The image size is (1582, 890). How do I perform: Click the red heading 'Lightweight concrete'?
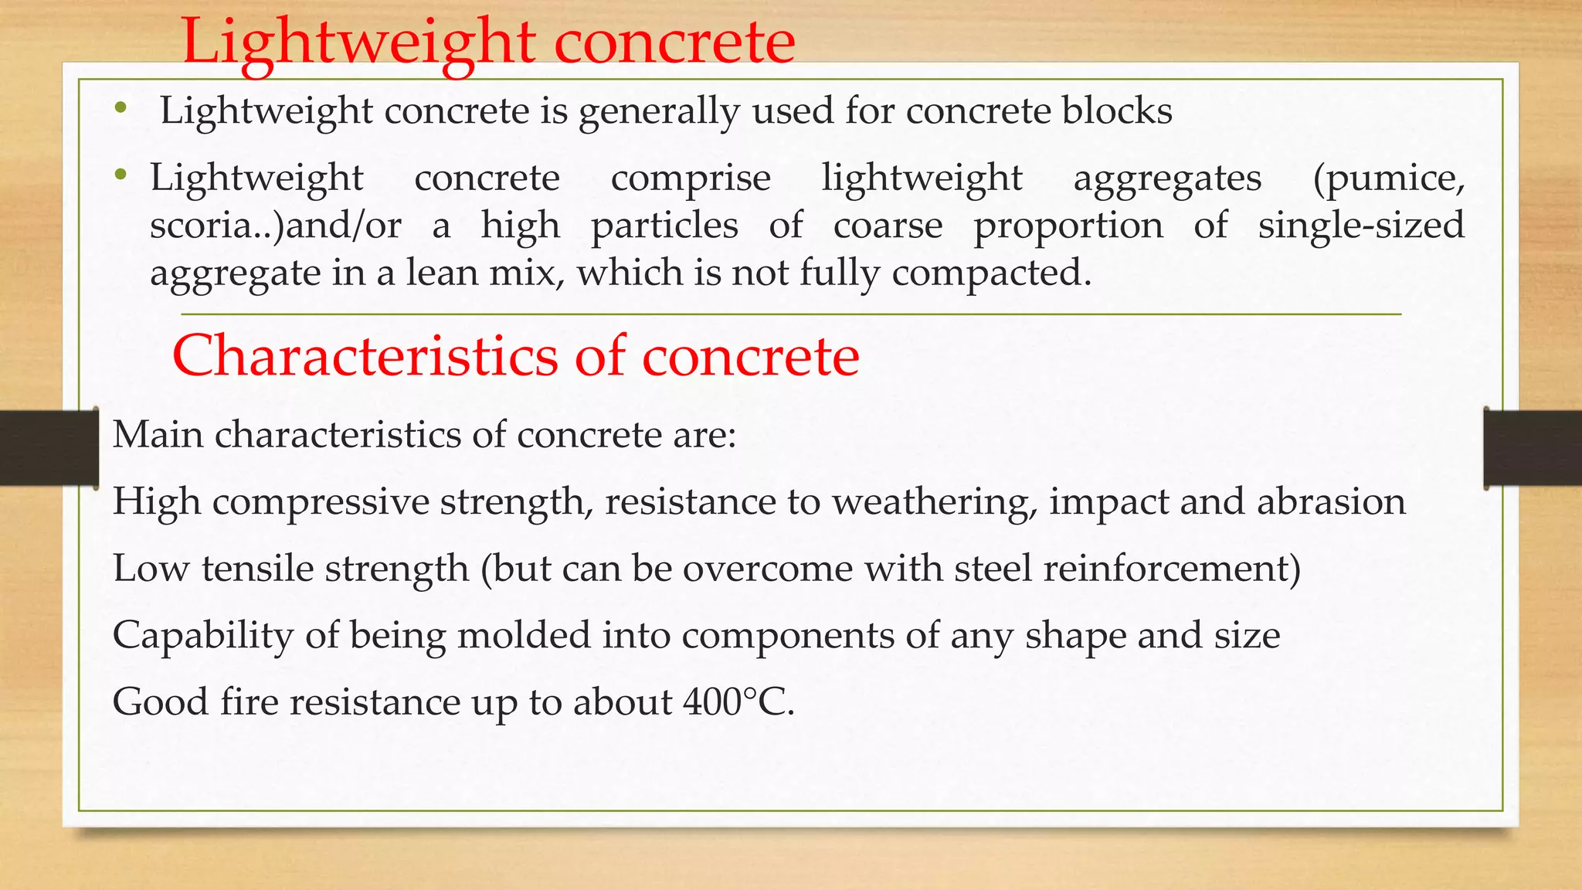487,42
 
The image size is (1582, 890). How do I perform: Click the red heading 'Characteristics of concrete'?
515,356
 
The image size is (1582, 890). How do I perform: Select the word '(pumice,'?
1388,178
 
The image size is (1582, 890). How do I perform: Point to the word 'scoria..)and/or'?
276,226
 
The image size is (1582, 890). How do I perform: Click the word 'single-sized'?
1361,226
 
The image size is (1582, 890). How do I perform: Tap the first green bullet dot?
119,109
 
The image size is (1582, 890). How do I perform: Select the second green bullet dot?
120,175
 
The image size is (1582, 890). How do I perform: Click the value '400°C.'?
738,702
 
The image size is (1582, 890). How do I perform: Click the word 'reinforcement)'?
1172,569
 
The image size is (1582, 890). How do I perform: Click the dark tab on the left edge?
49,448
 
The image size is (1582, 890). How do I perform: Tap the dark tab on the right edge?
1533,448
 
